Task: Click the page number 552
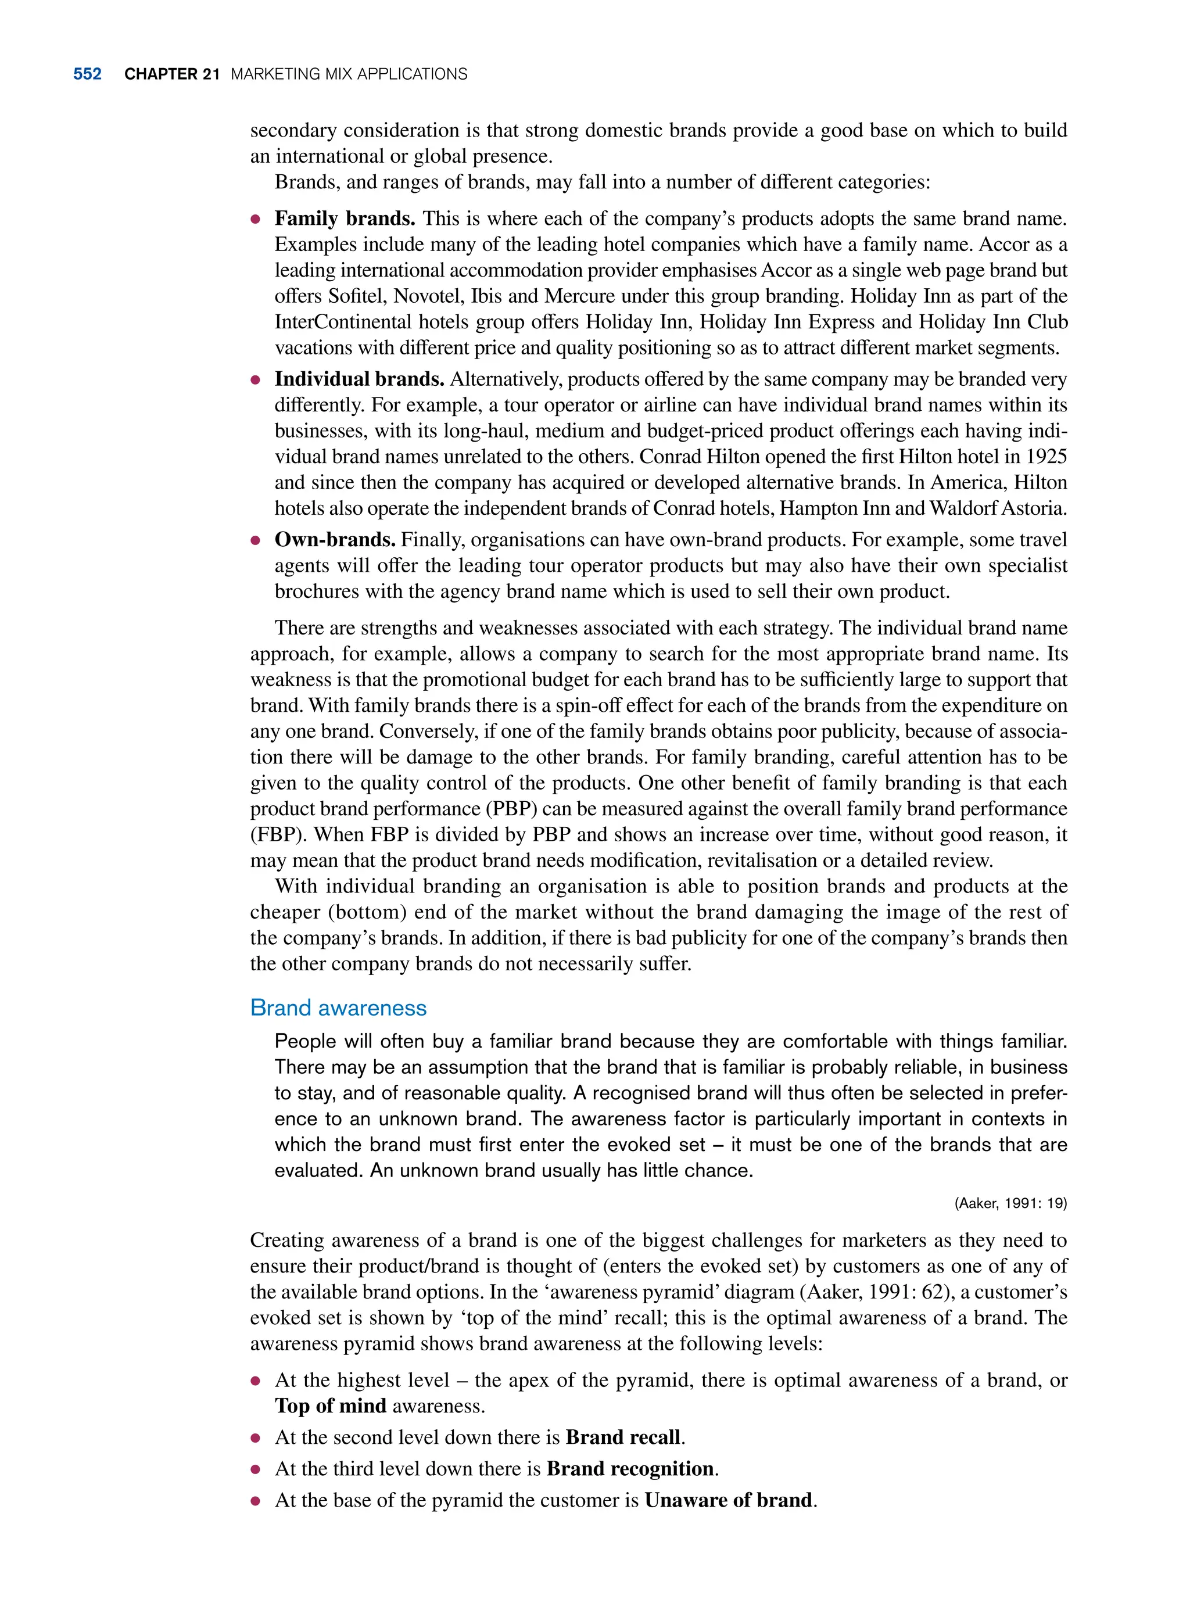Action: coord(87,74)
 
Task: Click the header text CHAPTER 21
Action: coord(171,74)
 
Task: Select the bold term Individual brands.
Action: coord(359,379)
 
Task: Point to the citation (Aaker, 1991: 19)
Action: coord(1010,1203)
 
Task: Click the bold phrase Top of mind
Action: coord(331,1406)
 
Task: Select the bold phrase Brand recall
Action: coord(623,1437)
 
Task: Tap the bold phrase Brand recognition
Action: coord(630,1469)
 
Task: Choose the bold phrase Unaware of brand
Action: coord(728,1500)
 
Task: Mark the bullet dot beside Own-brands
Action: coord(255,540)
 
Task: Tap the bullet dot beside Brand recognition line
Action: coord(255,1469)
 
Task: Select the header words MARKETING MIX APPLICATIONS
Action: coord(349,74)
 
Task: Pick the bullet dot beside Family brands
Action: coord(255,219)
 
